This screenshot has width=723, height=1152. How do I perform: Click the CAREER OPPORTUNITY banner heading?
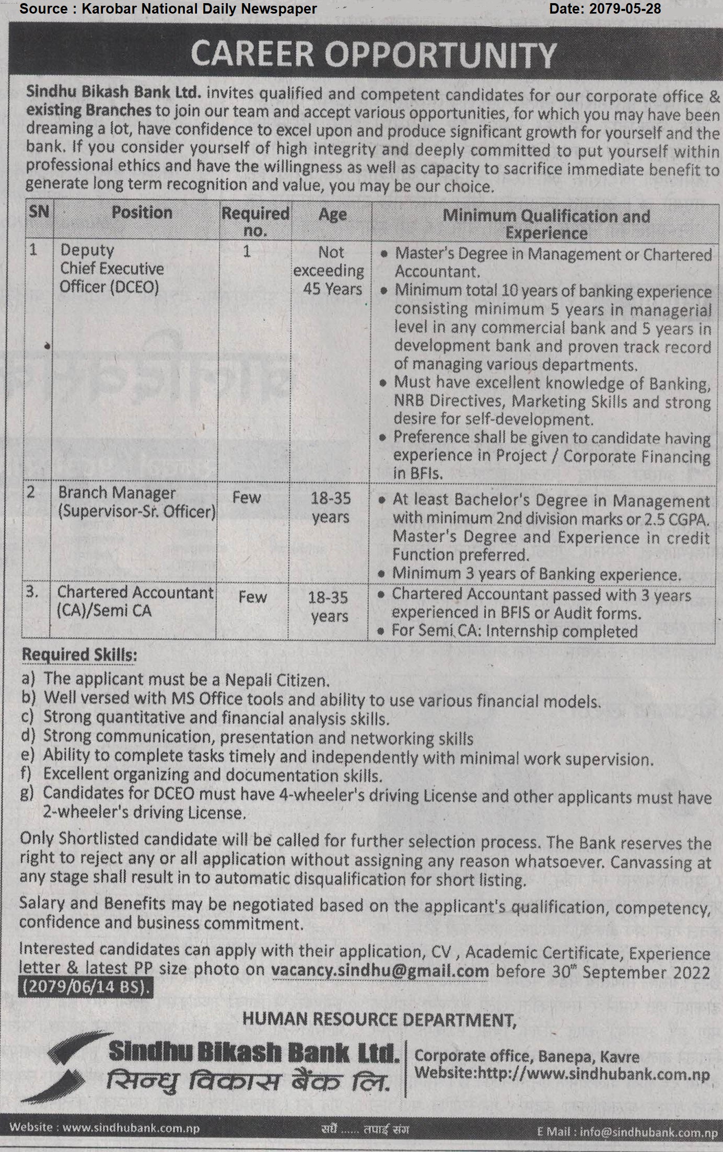click(373, 55)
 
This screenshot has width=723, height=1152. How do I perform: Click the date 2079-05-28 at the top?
click(605, 8)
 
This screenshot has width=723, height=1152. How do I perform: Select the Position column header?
click(142, 213)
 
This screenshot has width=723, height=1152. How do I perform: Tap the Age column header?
click(332, 214)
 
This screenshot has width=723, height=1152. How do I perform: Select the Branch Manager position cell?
click(136, 502)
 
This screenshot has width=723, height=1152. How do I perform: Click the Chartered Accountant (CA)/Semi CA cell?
click(135, 601)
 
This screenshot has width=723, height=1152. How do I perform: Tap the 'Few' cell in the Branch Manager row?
click(246, 498)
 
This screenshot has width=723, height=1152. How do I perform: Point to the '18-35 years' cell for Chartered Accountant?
click(329, 607)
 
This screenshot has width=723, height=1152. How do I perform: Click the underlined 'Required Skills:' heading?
click(79, 655)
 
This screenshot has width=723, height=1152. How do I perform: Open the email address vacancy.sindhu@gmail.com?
click(380, 971)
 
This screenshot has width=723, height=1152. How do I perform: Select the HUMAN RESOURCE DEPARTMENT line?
click(379, 1020)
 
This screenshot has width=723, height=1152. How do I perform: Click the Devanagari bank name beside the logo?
click(248, 1081)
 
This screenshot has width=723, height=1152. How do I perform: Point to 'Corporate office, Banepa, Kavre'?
click(527, 1056)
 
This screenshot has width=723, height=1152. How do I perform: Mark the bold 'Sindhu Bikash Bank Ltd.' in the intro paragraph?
click(113, 92)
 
